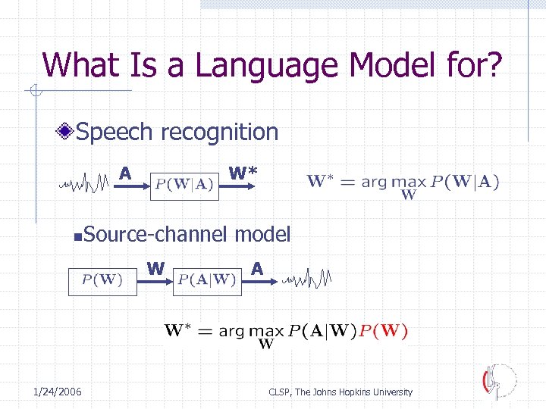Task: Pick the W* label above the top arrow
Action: click(243, 173)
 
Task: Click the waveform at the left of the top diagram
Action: click(86, 183)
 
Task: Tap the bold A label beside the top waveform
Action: click(125, 173)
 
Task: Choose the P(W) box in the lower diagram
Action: click(102, 279)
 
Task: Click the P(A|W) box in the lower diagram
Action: click(208, 279)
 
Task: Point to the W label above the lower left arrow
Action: click(155, 268)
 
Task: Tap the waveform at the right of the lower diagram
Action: click(306, 279)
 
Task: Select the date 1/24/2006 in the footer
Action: click(58, 392)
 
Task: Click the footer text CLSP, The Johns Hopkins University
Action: click(340, 392)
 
